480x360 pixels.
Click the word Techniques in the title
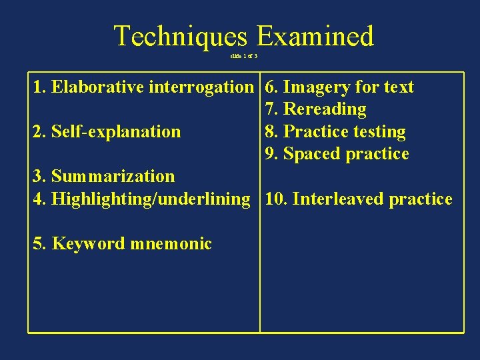click(x=180, y=36)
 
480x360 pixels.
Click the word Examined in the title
click(x=315, y=36)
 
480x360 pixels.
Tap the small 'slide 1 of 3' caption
click(x=244, y=55)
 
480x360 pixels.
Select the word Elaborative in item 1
click(x=98, y=87)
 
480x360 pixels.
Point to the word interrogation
click(x=201, y=87)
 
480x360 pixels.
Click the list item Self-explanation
click(x=115, y=132)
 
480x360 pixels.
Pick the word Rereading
click(x=325, y=109)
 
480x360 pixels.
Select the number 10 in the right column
click(x=274, y=199)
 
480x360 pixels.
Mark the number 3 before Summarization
click(x=38, y=177)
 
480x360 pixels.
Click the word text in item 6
click(x=397, y=87)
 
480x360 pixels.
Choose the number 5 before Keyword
click(x=38, y=243)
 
